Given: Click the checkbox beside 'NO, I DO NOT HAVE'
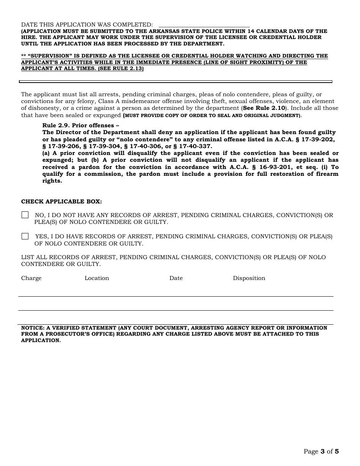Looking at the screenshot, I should point(25,215).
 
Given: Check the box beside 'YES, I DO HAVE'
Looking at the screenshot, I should point(25,236).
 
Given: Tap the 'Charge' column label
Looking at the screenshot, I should point(31,278).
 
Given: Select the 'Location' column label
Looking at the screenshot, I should point(97,278).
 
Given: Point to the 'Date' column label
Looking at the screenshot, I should point(176,278).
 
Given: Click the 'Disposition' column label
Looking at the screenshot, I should point(249,278).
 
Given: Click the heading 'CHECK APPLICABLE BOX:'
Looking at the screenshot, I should point(61,202).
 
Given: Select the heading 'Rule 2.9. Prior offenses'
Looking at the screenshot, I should point(80,125).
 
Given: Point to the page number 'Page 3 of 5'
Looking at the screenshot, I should point(321,451).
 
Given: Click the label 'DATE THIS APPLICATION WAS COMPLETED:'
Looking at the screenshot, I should point(87,25).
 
